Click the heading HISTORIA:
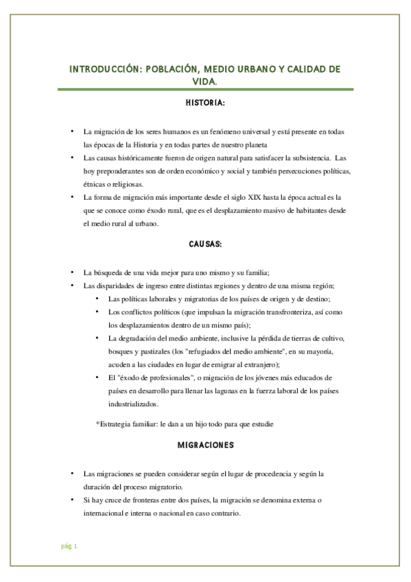[x=205, y=103]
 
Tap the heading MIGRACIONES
[x=205, y=445]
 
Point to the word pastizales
[x=156, y=352]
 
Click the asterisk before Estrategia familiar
[x=98, y=423]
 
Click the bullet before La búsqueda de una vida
[x=73, y=272]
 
